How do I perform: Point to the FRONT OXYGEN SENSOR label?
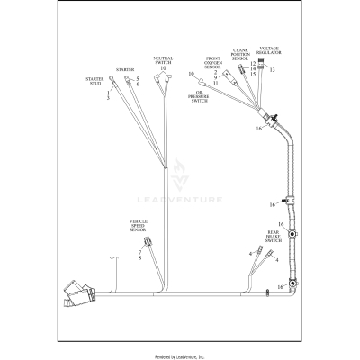coord(212,62)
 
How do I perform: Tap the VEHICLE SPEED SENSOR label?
coord(139,226)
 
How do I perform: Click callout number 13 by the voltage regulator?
coord(273,70)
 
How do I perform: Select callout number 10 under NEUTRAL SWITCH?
coord(163,69)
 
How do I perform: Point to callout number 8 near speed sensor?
coord(140,258)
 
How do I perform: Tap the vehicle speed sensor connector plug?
coord(149,242)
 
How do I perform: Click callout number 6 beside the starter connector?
coord(138,84)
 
